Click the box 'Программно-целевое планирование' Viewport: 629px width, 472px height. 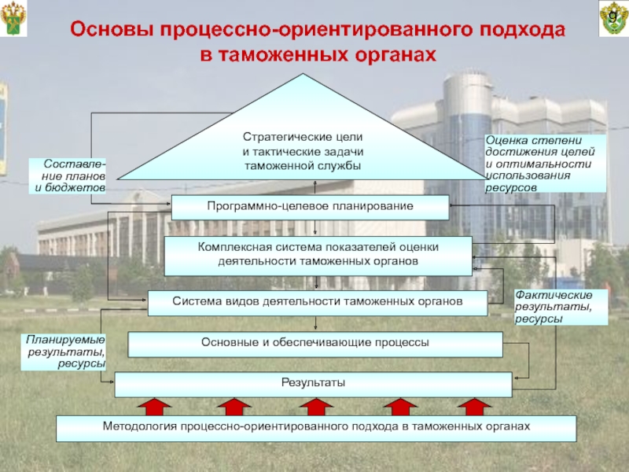[310, 206]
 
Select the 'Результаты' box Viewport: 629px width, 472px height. [313, 384]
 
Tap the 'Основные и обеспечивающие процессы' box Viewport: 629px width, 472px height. [314, 344]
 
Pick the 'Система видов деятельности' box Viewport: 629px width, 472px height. [317, 300]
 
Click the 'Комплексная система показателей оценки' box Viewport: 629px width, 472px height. [318, 254]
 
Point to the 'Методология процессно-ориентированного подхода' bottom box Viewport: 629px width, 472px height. [317, 427]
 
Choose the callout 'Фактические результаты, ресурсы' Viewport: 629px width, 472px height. [560, 307]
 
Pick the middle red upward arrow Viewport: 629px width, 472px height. [314, 407]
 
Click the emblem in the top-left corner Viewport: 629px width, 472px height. [14, 20]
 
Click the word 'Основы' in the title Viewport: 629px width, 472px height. [110, 31]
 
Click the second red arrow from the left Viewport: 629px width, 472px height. [233, 407]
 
